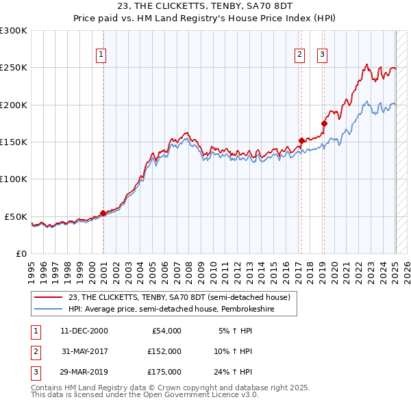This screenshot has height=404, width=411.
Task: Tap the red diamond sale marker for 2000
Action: click(x=103, y=213)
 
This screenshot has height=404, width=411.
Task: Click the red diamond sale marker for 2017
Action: click(x=301, y=140)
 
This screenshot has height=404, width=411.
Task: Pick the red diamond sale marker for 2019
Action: click(x=324, y=123)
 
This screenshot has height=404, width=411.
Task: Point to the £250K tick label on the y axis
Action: click(x=14, y=68)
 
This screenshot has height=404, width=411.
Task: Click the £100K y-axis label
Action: click(x=14, y=179)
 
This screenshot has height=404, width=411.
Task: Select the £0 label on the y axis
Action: click(x=21, y=253)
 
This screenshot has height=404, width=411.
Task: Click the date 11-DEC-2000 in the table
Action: click(x=84, y=331)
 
